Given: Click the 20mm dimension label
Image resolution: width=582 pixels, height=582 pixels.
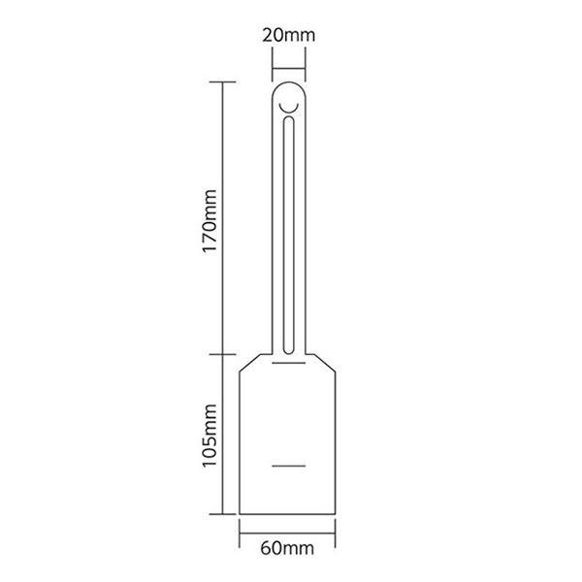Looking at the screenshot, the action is pos(289,36).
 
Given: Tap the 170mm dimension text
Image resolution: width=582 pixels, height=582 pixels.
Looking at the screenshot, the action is pos(210,221).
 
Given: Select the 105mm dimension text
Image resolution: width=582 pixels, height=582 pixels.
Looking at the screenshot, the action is pos(210,435).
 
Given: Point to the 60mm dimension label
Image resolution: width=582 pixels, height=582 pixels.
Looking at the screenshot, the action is pos(287,548).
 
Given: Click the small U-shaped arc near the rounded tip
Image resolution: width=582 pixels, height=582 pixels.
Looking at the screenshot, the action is pos(289,110).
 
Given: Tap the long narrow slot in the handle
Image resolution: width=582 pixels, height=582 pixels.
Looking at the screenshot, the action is pos(289,235).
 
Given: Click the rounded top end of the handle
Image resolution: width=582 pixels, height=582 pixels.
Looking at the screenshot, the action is pos(289,83).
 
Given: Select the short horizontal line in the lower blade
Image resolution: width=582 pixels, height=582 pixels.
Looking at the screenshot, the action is pos(289,466).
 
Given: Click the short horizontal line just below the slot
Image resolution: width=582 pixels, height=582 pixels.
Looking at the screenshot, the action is pos(289,362).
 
